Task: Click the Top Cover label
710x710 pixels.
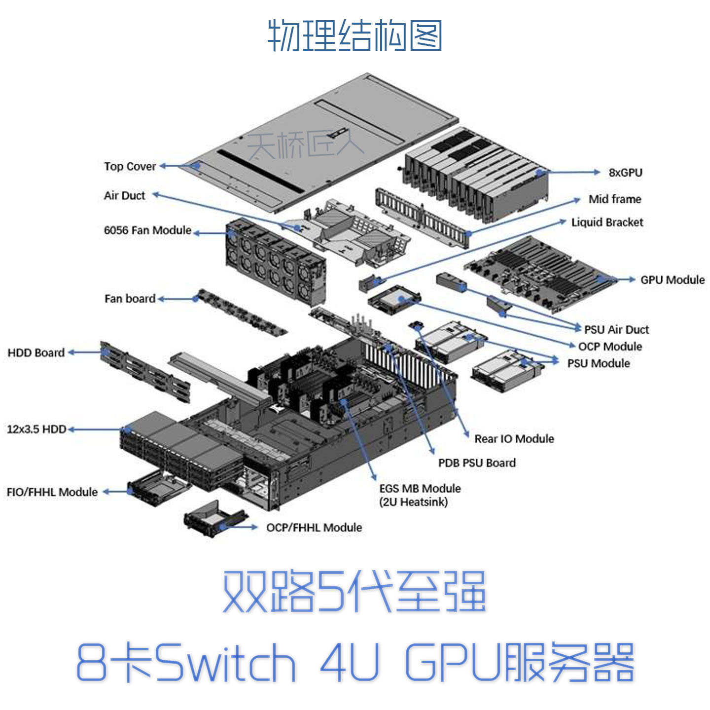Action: click(x=130, y=166)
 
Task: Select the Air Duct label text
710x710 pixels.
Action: click(x=125, y=195)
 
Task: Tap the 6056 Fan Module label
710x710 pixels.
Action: click(x=147, y=230)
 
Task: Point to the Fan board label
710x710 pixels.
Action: click(x=130, y=298)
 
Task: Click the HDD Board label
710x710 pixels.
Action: click(x=36, y=353)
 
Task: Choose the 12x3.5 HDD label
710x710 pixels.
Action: click(x=36, y=429)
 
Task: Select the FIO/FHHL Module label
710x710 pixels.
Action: click(x=52, y=492)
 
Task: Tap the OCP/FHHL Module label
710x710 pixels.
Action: click(x=314, y=527)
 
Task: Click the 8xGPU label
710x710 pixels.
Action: click(x=625, y=173)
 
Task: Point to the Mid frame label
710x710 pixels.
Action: click(x=614, y=199)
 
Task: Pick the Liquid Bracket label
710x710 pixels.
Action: click(x=607, y=222)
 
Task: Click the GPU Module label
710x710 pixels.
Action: click(x=673, y=280)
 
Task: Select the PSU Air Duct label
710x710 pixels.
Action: click(x=616, y=329)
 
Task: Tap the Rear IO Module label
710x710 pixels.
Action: click(x=514, y=438)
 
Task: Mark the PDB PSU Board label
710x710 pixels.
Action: click(x=477, y=463)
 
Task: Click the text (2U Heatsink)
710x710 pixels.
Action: click(x=413, y=502)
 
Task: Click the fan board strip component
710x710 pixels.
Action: click(x=242, y=313)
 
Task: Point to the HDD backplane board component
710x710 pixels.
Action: click(x=145, y=372)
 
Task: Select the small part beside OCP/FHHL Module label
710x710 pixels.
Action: click(x=215, y=519)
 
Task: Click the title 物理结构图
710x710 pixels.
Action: click(x=355, y=35)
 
